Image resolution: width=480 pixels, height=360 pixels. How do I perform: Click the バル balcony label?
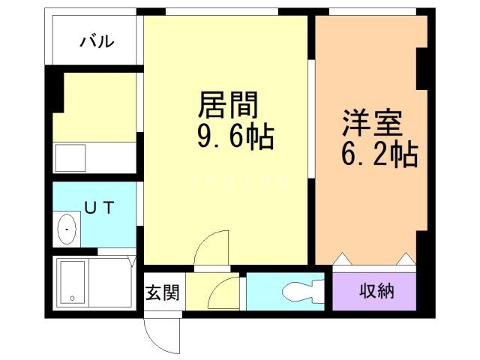(x=97, y=41)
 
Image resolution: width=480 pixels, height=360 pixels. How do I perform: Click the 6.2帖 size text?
(x=378, y=154)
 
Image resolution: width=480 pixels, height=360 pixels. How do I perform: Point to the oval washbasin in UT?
(x=68, y=229)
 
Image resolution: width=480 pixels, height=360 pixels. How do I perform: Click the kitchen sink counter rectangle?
(x=71, y=158)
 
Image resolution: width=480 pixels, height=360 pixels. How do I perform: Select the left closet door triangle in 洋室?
(x=342, y=259)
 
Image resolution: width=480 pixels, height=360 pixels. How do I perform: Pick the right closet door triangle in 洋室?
(x=406, y=259)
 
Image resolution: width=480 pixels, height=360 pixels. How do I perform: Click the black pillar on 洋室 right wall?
(x=422, y=67)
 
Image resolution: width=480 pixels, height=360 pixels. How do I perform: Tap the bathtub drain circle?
(x=73, y=298)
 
